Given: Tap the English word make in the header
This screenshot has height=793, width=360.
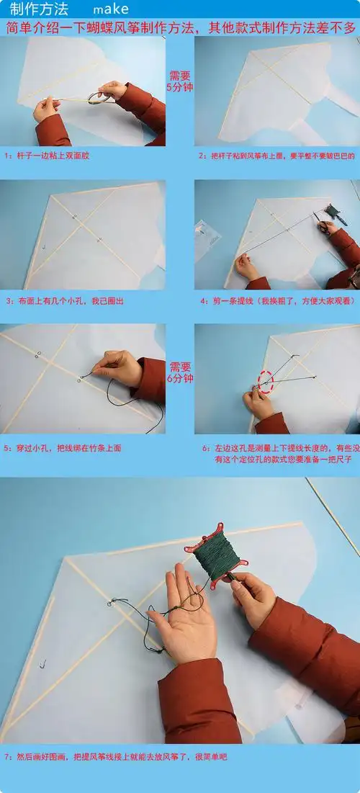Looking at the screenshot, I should tap(111, 9).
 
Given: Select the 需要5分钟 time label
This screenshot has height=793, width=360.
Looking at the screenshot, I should tap(180, 81).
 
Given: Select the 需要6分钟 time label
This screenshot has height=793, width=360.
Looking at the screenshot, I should tap(180, 372).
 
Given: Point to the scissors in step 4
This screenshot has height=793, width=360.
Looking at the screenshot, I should tap(328, 225).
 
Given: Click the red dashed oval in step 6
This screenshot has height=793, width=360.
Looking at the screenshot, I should tap(266, 382).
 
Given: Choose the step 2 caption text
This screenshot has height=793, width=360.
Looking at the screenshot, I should tap(277, 156).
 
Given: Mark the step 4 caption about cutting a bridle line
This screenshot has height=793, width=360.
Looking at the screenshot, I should tap(277, 300).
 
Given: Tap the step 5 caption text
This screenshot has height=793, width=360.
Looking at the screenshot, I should tap(63, 447).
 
